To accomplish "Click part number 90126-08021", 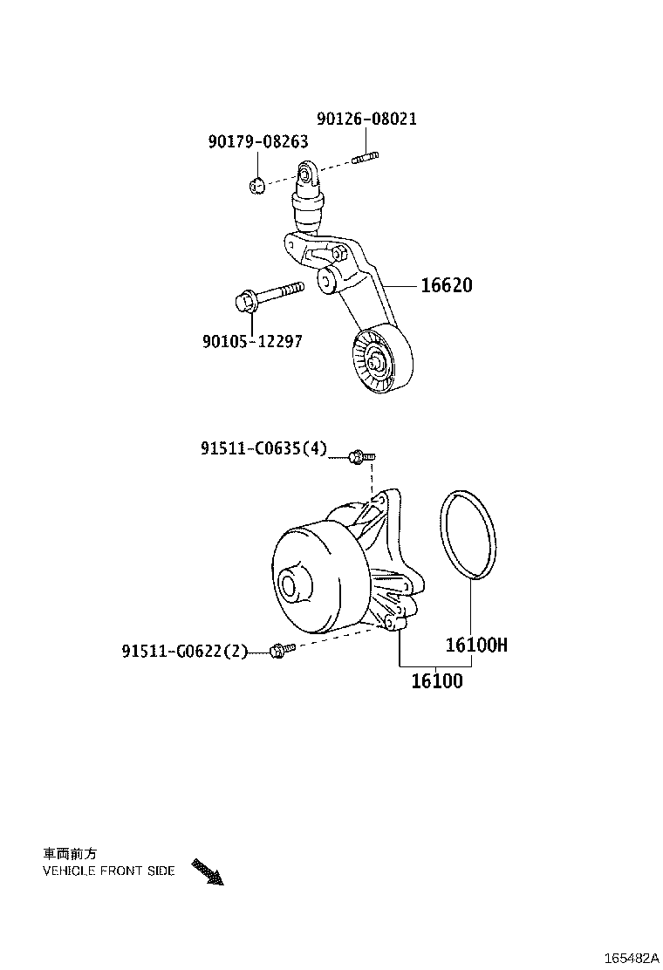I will [366, 119].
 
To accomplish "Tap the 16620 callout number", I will [447, 284].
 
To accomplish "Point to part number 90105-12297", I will [251, 341].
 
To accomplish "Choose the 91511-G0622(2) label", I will [185, 651].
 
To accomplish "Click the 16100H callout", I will [476, 646].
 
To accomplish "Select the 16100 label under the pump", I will [437, 680].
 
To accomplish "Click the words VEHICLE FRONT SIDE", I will [108, 871].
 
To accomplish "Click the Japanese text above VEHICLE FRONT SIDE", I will [71, 854].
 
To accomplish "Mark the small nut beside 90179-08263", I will [256, 185].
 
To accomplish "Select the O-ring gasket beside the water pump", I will [468, 535].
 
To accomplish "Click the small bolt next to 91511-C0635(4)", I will [359, 455].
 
